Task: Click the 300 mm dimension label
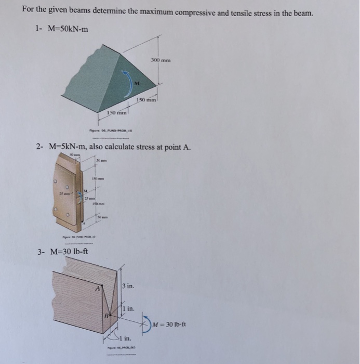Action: point(162,61)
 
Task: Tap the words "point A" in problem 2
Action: point(178,147)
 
